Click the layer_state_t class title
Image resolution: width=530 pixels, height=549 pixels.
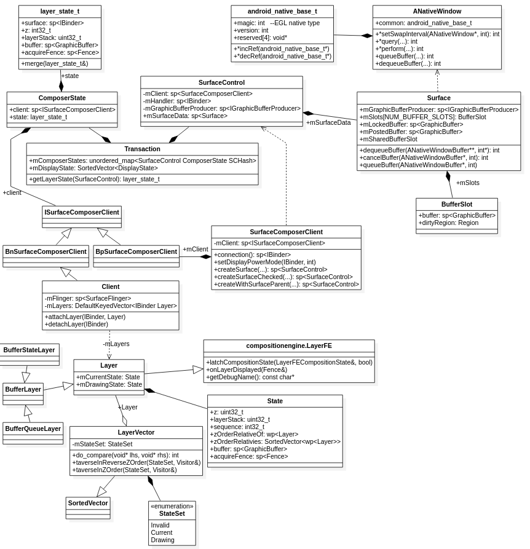[x=60, y=11]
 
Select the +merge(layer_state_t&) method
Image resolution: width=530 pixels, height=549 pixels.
[x=55, y=63]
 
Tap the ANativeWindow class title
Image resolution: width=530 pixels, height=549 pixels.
[x=437, y=11]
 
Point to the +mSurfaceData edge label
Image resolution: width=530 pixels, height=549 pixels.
[x=328, y=122]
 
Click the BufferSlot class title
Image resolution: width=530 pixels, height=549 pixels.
[x=456, y=204]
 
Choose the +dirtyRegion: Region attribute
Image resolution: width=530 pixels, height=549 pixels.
[x=448, y=223]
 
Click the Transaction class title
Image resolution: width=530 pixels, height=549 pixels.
[x=142, y=149]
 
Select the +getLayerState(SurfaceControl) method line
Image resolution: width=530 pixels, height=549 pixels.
[x=94, y=179]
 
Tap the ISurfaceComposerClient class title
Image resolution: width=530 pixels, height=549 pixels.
[x=82, y=212]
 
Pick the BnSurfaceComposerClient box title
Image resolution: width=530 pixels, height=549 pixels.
[x=45, y=251]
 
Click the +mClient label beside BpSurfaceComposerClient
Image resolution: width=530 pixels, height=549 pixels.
[x=196, y=249]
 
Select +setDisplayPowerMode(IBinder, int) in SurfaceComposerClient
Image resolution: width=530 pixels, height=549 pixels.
[x=264, y=262]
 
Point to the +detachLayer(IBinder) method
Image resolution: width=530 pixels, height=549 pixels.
[x=76, y=324]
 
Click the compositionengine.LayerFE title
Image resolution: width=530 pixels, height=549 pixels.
[x=289, y=346]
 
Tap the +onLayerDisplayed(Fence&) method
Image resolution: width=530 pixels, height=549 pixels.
[x=247, y=369]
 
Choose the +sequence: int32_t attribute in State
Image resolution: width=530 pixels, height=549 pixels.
[x=237, y=427]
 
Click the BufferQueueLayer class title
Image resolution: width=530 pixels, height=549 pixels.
[x=33, y=429]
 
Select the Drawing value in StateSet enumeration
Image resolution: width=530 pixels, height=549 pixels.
[x=162, y=540]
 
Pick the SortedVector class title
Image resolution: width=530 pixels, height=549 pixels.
[x=88, y=503]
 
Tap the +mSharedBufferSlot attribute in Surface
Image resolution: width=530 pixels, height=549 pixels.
[x=388, y=139]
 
